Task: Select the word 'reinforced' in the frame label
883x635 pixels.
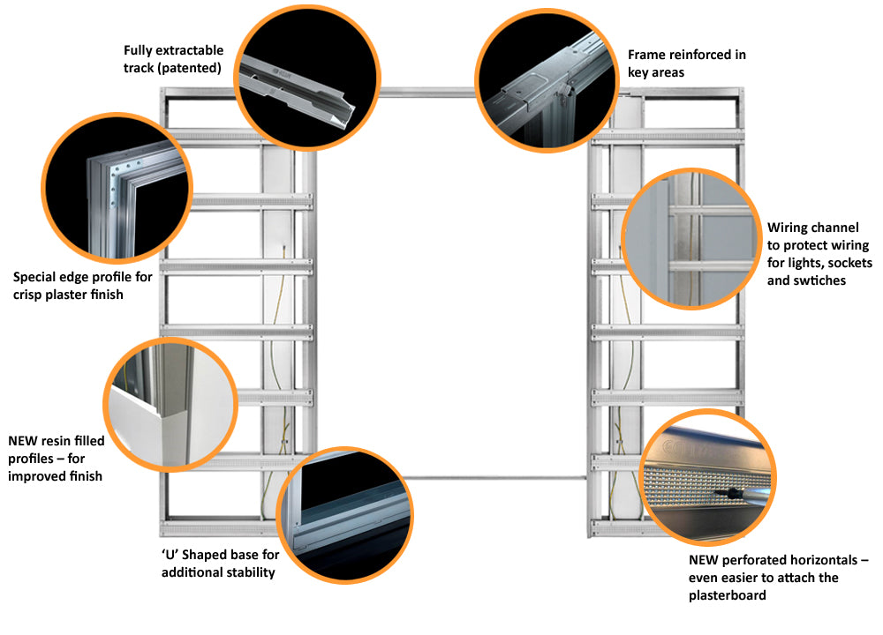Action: [698, 55]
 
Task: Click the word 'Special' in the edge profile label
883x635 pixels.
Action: [36, 277]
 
